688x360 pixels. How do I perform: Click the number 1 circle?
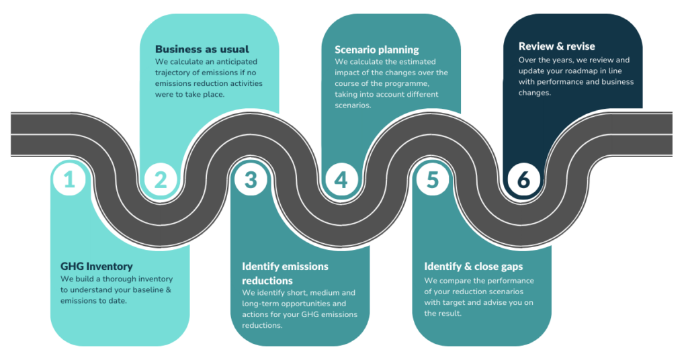click(70, 179)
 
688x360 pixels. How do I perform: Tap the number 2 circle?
click(160, 179)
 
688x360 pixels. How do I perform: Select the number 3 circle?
click(250, 179)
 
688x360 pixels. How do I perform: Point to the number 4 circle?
click(341, 179)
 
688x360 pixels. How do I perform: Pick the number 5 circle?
click(432, 179)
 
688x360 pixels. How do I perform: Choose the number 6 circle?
click(523, 179)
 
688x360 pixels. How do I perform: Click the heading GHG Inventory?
click(97, 266)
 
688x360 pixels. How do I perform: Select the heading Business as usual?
click(202, 49)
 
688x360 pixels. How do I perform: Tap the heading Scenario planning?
click(376, 49)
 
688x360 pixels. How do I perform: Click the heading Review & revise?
click(556, 46)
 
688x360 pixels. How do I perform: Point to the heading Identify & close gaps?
click(473, 266)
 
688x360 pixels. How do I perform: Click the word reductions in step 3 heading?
click(267, 280)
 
